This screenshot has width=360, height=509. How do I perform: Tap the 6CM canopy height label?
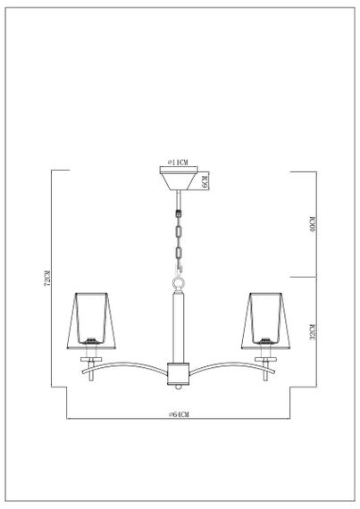click(205, 181)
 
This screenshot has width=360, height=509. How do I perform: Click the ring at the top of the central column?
click(177, 282)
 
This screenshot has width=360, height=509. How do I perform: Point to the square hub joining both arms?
click(177, 372)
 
